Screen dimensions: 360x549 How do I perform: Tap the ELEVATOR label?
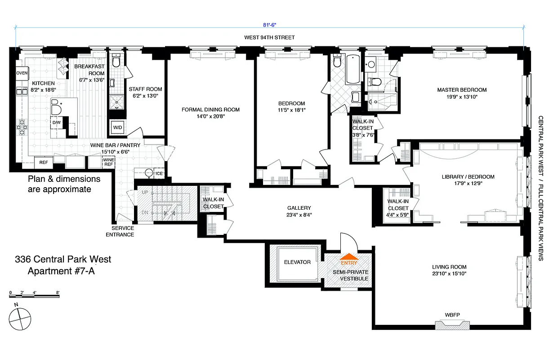[x=297, y=262]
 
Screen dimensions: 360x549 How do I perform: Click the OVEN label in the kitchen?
[x=22, y=73]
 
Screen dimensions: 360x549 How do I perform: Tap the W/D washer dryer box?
[x=117, y=127]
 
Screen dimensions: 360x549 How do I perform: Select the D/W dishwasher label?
[x=57, y=122]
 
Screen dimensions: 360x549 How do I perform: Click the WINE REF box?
[x=108, y=162]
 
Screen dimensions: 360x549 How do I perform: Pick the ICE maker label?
[x=159, y=173]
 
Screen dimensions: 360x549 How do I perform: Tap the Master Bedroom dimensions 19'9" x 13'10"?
[x=462, y=97]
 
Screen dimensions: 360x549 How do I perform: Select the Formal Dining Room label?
[x=210, y=109]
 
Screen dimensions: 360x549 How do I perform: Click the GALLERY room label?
[x=299, y=208]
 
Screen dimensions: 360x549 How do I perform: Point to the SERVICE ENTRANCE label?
[x=120, y=231]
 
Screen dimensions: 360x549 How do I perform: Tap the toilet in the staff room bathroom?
[x=116, y=61]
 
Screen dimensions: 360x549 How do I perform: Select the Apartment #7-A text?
[x=61, y=271]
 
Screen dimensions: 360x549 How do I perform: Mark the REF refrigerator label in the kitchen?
[x=44, y=162]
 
